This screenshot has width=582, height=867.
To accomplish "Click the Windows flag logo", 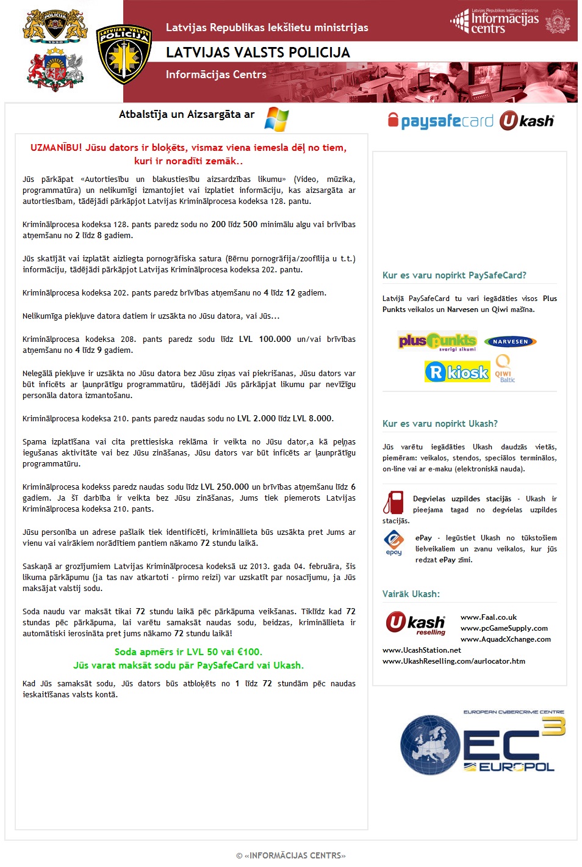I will point(276,119).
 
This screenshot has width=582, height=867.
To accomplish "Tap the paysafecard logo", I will point(440,121).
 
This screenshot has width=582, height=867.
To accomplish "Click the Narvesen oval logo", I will point(510,342).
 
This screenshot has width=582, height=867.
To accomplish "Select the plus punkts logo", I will point(437,341).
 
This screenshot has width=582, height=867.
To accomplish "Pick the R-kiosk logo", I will point(457,372).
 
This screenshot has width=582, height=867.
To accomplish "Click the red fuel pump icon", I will point(393,502).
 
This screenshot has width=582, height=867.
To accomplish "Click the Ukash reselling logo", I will point(416,623).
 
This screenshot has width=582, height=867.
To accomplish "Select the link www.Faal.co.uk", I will point(489,617).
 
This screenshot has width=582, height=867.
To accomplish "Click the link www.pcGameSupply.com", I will point(504,628).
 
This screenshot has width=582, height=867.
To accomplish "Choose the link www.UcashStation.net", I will point(422,650).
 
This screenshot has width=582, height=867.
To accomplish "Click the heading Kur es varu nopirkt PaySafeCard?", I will point(454,275).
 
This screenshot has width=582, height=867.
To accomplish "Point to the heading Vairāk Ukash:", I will point(411,594).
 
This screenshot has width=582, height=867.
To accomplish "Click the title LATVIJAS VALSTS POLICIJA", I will point(258,53).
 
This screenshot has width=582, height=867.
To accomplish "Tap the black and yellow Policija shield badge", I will point(124,54).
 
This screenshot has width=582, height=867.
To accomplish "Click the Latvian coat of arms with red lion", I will point(55,70).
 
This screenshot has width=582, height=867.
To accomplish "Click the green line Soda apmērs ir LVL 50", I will point(189,652).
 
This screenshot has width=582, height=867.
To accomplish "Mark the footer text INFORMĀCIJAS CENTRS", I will point(295,855).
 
